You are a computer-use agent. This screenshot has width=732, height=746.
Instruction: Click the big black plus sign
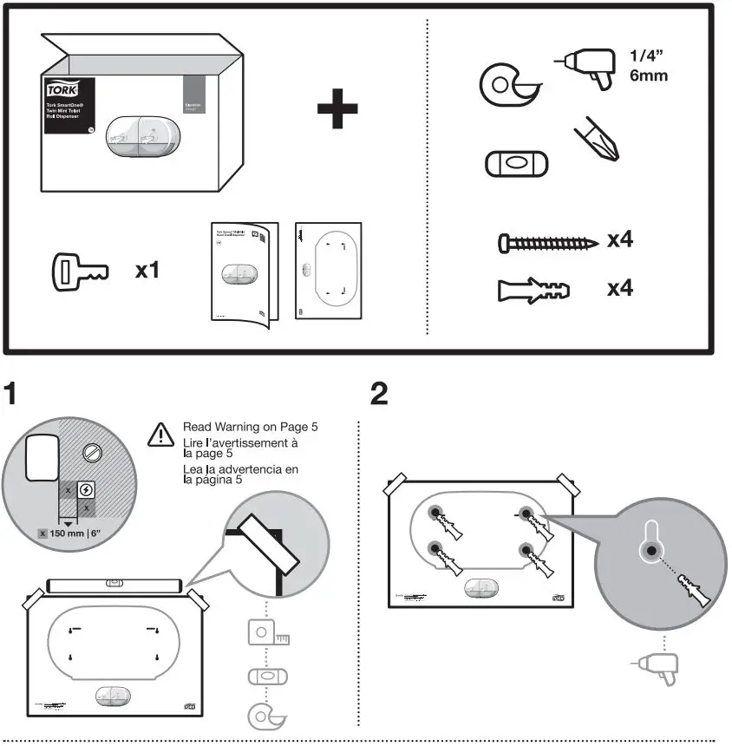click(337, 113)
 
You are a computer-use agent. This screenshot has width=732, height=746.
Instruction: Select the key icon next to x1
click(81, 272)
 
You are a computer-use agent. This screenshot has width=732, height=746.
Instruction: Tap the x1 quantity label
click(147, 272)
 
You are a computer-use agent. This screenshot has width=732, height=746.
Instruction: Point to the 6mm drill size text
click(649, 75)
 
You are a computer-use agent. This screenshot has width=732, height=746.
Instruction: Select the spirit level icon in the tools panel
click(516, 164)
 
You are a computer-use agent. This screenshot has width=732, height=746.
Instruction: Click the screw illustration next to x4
click(547, 243)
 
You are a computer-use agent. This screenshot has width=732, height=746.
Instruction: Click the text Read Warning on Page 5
click(251, 427)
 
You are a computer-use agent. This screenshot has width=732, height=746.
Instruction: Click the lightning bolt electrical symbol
click(86, 490)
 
